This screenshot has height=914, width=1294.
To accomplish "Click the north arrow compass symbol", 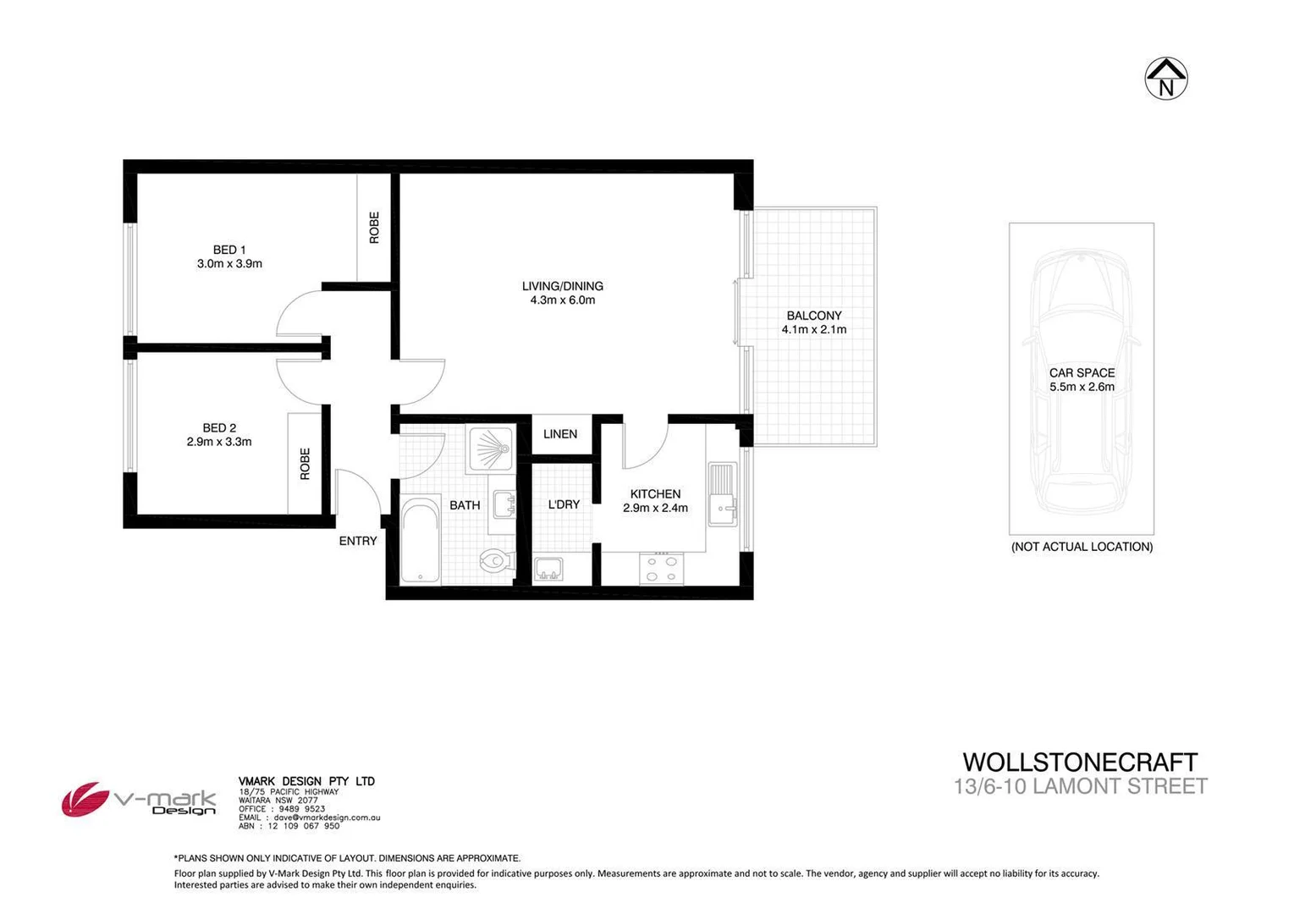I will [1165, 79].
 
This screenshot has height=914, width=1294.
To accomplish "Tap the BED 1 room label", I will [229, 250].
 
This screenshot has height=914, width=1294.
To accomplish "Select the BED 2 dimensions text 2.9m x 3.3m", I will [219, 442].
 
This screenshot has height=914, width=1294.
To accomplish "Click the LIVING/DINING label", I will [562, 286].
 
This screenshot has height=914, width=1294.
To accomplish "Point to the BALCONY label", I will [813, 316].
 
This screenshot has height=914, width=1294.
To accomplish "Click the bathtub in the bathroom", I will [420, 541].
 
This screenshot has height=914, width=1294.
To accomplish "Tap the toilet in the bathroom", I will [495, 559].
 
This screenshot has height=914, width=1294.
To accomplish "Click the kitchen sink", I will [723, 495].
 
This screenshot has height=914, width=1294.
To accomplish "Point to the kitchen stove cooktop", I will [661, 568].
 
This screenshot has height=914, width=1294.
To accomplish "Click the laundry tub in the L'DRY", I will [548, 569].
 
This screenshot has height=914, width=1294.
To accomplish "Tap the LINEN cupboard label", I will [560, 434].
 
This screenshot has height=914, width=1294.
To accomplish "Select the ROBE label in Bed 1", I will [374, 228].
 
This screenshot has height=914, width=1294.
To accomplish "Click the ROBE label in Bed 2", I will [305, 464].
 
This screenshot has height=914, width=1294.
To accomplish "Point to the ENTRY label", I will [358, 541].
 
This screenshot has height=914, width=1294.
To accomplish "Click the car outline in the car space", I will [1082, 381].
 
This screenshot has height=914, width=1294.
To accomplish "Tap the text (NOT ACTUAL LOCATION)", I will [1082, 547].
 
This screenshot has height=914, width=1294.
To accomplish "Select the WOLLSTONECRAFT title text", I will [1080, 763].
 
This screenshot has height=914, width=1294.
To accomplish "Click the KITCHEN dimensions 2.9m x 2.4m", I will [655, 509].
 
